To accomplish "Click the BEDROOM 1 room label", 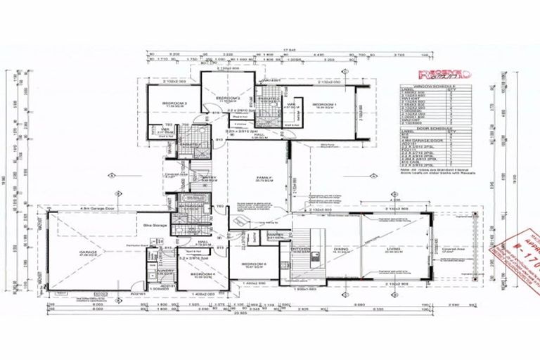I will click(324, 104).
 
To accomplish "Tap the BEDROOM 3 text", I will click(174, 103).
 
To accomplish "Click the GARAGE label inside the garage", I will click(88, 253).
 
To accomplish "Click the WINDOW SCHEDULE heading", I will click(425, 83).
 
